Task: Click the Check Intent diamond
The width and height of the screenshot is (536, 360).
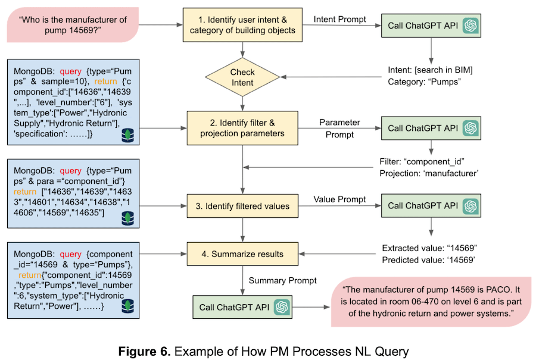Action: tap(242, 77)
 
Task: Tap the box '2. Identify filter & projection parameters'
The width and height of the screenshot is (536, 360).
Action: tap(242, 128)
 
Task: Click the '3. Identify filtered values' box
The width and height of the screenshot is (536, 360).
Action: tap(242, 206)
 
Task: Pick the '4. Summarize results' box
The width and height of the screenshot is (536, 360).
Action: tap(242, 254)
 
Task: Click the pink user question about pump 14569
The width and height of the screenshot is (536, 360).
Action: tap(73, 25)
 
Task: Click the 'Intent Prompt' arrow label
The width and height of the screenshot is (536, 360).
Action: tap(340, 18)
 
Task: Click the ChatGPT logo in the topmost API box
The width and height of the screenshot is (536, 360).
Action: tap(471, 26)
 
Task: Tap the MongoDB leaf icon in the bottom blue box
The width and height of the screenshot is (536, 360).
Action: tap(128, 308)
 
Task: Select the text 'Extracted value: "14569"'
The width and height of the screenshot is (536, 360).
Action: tap(430, 248)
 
